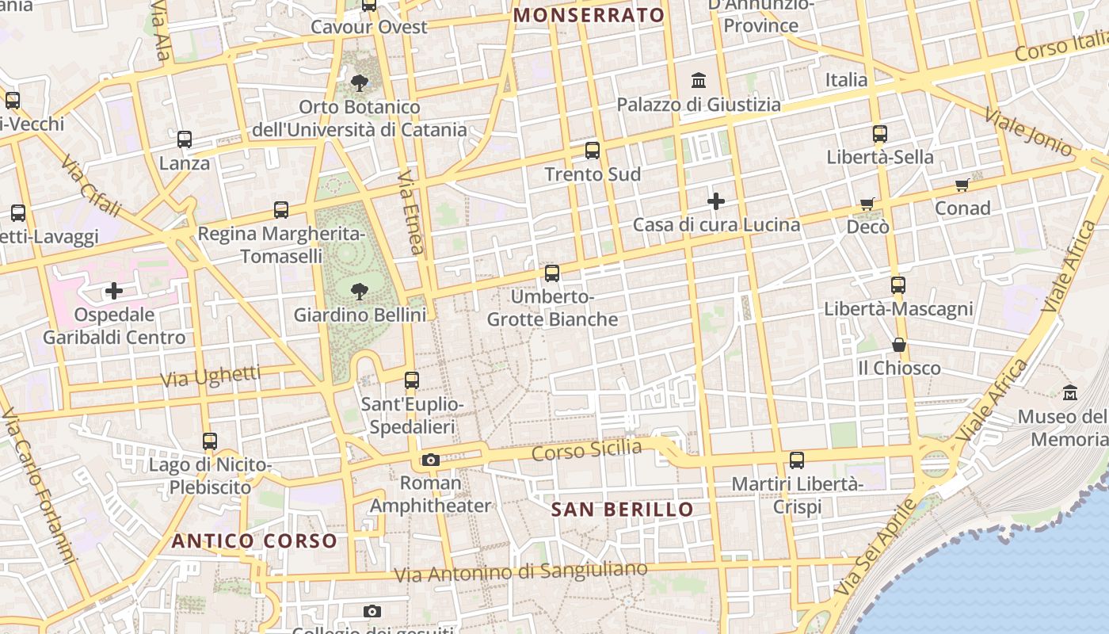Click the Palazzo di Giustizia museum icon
click(699, 80)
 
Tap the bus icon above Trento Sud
click(593, 151)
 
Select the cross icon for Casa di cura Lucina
click(716, 201)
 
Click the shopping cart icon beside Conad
click(962, 185)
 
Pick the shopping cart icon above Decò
click(868, 204)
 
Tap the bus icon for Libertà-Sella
click(880, 134)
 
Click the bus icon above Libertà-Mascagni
click(897, 285)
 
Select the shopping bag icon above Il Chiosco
click(899, 345)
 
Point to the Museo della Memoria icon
click(1071, 392)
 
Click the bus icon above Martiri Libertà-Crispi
click(797, 460)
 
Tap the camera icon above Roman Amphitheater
click(431, 460)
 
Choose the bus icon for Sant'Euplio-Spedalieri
click(412, 380)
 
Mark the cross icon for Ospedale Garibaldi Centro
click(114, 291)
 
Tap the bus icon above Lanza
click(185, 139)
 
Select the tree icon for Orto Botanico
click(360, 83)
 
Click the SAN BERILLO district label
click(623, 510)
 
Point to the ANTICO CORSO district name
click(255, 541)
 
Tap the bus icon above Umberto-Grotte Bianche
click(552, 273)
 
